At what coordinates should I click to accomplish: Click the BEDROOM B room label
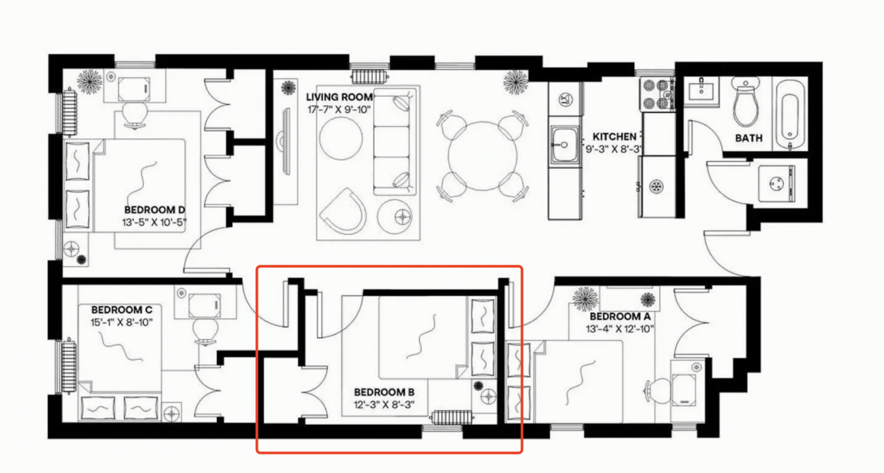[x=384, y=392]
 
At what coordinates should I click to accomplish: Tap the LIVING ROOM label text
[x=339, y=97]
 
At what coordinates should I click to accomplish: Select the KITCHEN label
[x=614, y=137]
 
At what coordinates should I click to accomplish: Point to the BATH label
[x=749, y=139]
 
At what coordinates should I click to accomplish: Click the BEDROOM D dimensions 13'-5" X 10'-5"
[x=154, y=223]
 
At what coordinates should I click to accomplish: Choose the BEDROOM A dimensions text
[x=620, y=328]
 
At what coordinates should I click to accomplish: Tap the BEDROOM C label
[x=122, y=310]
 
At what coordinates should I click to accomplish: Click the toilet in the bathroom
[x=745, y=102]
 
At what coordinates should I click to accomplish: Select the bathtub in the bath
[x=790, y=113]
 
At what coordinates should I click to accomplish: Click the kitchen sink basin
[x=564, y=145]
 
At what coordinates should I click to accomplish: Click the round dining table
[x=482, y=156]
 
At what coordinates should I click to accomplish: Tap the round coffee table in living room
[x=341, y=139]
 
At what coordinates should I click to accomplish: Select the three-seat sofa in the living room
[x=394, y=141]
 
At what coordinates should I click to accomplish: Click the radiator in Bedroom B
[x=453, y=417]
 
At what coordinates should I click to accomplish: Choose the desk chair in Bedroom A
[x=658, y=392]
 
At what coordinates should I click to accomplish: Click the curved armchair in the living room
[x=343, y=212]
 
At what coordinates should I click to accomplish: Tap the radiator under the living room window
[x=369, y=76]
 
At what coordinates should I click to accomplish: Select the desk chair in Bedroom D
[x=135, y=115]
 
